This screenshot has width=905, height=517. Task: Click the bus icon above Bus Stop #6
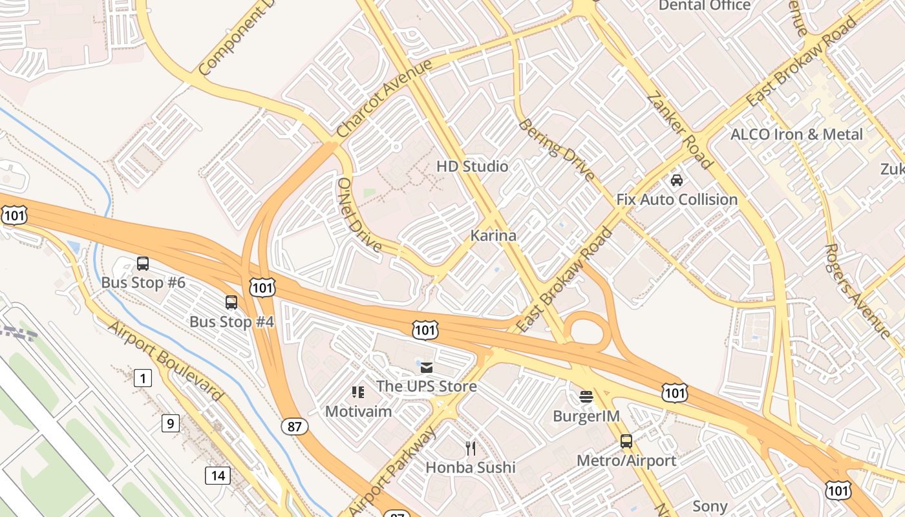pos(143,264)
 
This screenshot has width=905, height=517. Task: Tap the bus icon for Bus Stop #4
pos(231,302)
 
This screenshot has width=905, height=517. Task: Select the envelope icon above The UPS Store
pos(427,368)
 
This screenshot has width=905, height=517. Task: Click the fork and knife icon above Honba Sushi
pos(471,448)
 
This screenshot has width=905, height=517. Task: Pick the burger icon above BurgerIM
pos(586,397)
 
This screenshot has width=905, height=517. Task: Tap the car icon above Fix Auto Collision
pos(677,180)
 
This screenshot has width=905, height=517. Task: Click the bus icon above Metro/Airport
pos(626,441)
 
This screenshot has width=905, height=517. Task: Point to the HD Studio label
pos(472,166)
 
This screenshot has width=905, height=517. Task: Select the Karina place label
pos(493,235)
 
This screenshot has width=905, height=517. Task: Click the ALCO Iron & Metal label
pos(796,134)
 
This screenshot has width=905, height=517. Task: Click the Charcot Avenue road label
pos(384,98)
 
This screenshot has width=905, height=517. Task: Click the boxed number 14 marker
pos(218,476)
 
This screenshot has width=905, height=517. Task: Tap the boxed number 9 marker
pos(170,423)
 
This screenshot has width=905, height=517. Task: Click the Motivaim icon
pos(357,392)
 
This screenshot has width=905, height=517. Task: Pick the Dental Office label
pos(705,6)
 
